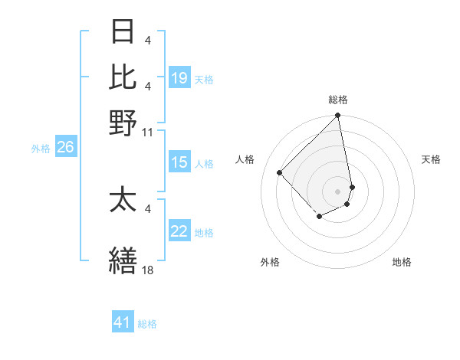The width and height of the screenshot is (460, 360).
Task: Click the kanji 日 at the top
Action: [123, 34]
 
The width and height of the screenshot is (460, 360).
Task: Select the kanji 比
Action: [123, 77]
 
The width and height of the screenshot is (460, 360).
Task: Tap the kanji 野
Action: [123, 122]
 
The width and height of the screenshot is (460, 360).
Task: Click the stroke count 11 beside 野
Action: [148, 131]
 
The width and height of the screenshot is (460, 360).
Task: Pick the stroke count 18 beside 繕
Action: [148, 270]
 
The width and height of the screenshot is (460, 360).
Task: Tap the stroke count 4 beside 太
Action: [148, 208]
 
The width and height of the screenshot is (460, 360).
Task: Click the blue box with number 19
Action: [179, 78]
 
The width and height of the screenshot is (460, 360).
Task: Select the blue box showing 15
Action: [179, 162]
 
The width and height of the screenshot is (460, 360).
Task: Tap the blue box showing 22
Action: [179, 231]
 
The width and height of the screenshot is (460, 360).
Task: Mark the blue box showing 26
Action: [65, 148]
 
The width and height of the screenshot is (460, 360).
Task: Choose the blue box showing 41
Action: [123, 322]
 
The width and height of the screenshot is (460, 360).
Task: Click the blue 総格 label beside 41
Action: [147, 324]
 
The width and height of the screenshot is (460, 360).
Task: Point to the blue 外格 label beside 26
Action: [41, 149]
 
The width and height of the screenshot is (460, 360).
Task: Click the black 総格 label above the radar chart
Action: [338, 100]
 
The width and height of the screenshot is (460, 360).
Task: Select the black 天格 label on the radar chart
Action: [431, 159]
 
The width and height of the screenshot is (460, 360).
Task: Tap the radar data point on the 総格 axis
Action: [338, 116]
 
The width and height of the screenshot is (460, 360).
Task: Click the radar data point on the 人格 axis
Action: [280, 172]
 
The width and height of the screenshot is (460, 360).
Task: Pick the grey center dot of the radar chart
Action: [338, 191]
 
